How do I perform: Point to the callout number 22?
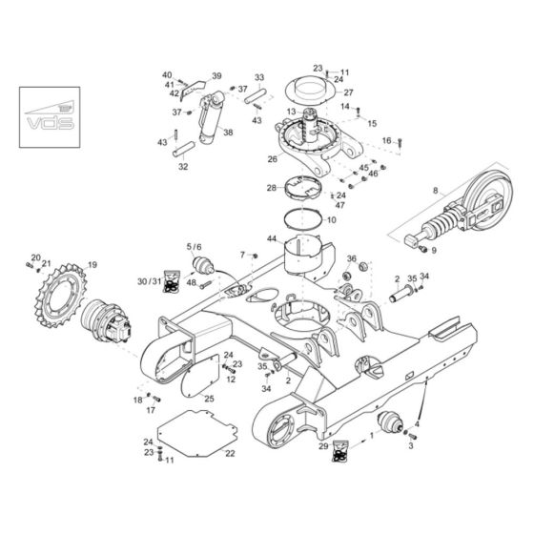pyautogui.click(x=229, y=453)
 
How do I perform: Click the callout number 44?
pyautogui.click(x=272, y=237)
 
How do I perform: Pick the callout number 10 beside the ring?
pyautogui.click(x=332, y=220)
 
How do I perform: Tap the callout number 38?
pyautogui.click(x=227, y=133)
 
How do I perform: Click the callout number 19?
pyautogui.click(x=92, y=265)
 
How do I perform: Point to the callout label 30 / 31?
pyautogui.click(x=150, y=281)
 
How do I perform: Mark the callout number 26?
pyautogui.click(x=272, y=159)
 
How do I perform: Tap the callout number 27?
pyautogui.click(x=348, y=92)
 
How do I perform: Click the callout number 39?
pyautogui.click(x=216, y=76)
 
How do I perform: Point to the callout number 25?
pyautogui.click(x=209, y=398)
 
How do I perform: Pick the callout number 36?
pyautogui.click(x=352, y=258)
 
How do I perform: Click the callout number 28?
pyautogui.click(x=272, y=188)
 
